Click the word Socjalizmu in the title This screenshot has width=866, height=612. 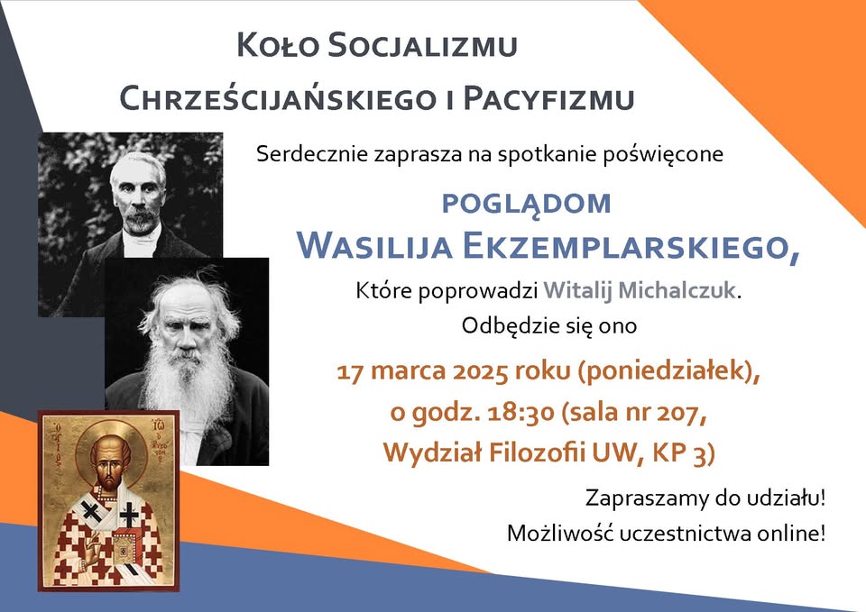(422, 45)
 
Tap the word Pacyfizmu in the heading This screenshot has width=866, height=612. (548, 98)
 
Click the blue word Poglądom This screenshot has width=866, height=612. (526, 205)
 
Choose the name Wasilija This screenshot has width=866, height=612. (375, 246)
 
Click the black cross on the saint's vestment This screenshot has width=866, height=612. (129, 514)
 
